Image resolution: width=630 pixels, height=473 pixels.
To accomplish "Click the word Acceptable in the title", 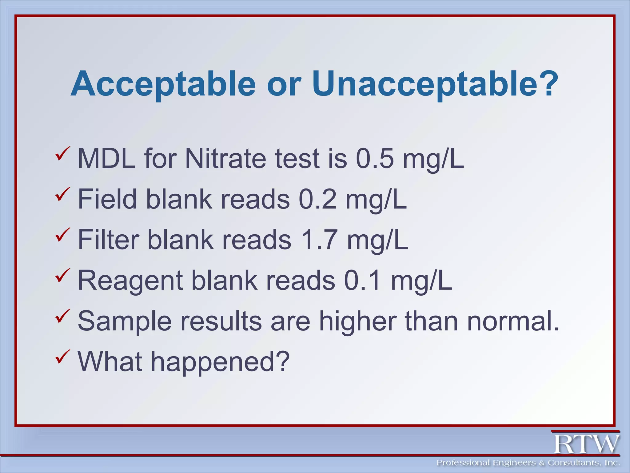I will tap(163, 84).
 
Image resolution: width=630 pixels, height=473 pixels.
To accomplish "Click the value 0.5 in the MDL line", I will tap(374, 159).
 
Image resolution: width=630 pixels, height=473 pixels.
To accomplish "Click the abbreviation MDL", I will tap(106, 159).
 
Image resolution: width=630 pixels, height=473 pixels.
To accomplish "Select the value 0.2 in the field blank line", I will tap(317, 199).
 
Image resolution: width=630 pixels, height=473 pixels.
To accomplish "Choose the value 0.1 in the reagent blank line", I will tap(362, 281).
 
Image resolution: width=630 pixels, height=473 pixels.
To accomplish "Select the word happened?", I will tap(220, 362).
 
